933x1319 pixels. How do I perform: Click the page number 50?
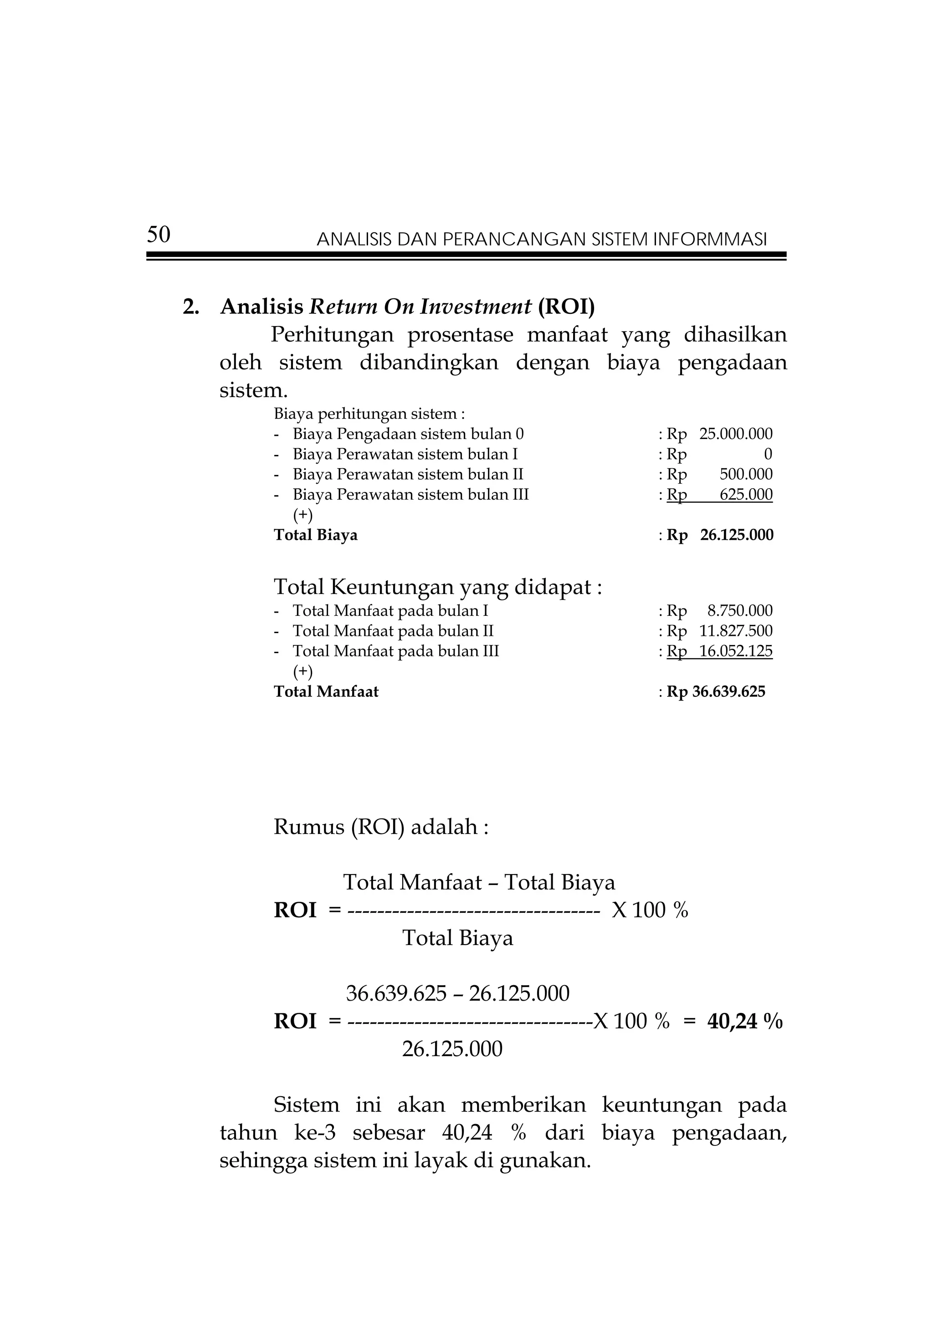[159, 235]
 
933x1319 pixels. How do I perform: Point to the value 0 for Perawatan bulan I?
[768, 455]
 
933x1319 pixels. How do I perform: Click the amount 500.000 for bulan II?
[746, 475]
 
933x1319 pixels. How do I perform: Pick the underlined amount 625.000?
[746, 495]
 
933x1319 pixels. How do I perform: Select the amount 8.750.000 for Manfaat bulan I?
[740, 611]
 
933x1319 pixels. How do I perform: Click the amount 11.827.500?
[736, 631]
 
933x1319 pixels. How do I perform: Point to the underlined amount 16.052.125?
[736, 651]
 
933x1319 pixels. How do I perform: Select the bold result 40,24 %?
[744, 1022]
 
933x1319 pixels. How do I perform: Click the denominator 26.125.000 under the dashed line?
[452, 1049]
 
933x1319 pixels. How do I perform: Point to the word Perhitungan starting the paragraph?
[332, 334]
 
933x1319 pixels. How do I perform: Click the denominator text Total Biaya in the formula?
[457, 938]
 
